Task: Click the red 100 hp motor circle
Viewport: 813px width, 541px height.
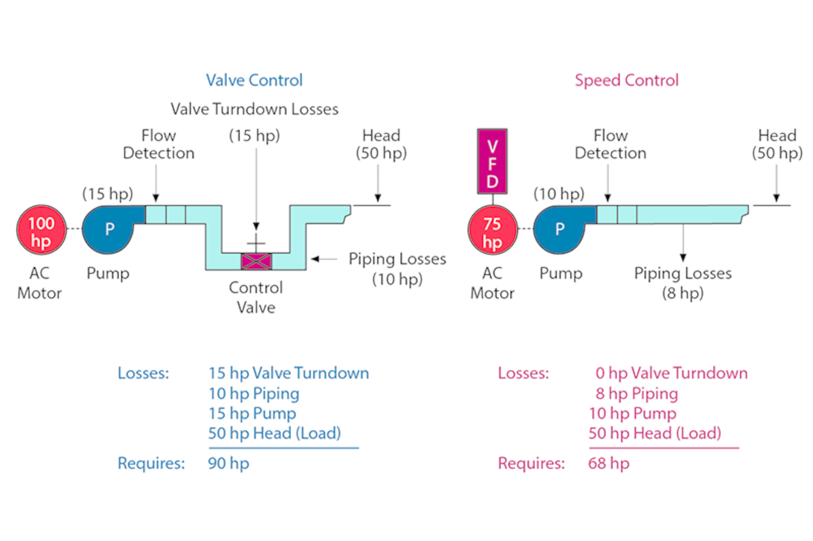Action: (41, 230)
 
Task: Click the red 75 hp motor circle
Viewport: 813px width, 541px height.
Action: (492, 230)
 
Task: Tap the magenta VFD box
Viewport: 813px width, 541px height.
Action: (492, 161)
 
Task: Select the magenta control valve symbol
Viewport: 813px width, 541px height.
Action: (256, 261)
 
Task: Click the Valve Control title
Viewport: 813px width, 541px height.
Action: (254, 80)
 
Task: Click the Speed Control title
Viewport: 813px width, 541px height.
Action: (627, 80)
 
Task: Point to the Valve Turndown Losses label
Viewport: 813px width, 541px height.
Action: (254, 109)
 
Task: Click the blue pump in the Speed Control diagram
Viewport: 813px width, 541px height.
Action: (560, 229)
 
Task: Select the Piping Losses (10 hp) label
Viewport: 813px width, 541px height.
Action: (397, 269)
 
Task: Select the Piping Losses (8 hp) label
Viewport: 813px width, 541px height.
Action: (683, 283)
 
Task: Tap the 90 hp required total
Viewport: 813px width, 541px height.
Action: (228, 463)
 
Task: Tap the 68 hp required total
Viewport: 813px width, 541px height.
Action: (609, 463)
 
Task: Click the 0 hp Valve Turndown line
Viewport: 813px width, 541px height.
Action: (671, 373)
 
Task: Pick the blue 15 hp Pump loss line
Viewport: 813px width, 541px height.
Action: (252, 413)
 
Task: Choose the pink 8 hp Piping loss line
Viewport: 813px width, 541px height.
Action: (636, 393)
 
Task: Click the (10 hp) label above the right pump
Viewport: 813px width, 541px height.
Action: (559, 193)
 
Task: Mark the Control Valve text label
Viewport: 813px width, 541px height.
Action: (256, 297)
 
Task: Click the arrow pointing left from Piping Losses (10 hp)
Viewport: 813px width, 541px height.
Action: (324, 259)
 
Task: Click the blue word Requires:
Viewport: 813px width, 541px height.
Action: (151, 463)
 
